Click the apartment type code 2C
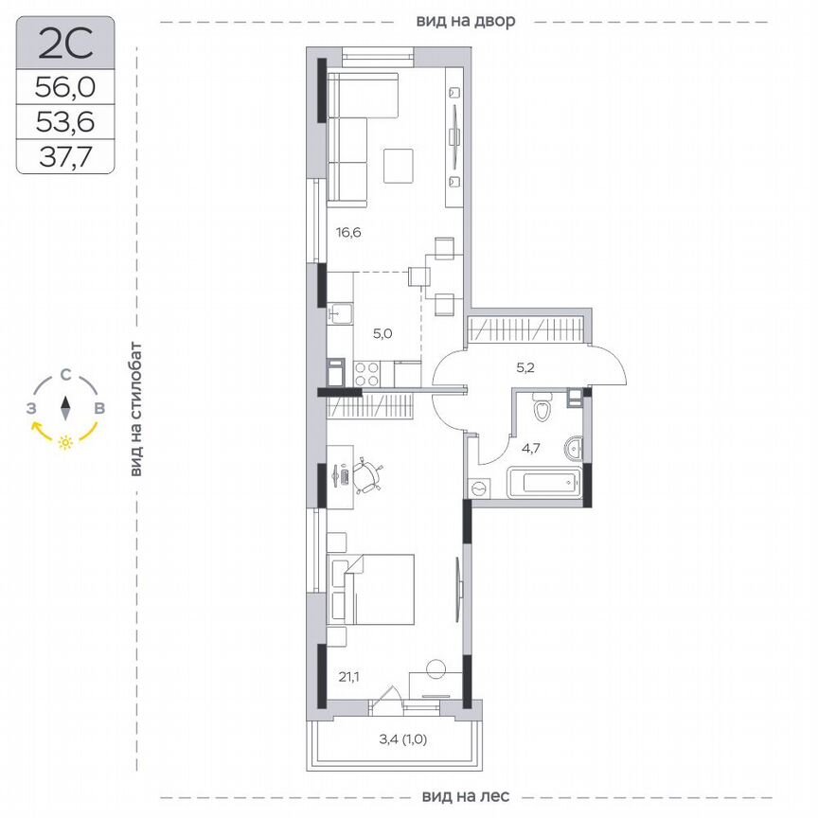point(65,44)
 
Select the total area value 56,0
point(65,88)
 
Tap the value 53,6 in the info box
point(65,121)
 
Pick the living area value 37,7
point(65,155)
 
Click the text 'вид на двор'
point(465,21)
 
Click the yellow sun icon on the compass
point(65,442)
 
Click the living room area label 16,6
point(349,230)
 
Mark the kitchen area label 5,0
point(382,332)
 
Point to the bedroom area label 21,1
point(349,676)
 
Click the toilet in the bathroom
point(542,408)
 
